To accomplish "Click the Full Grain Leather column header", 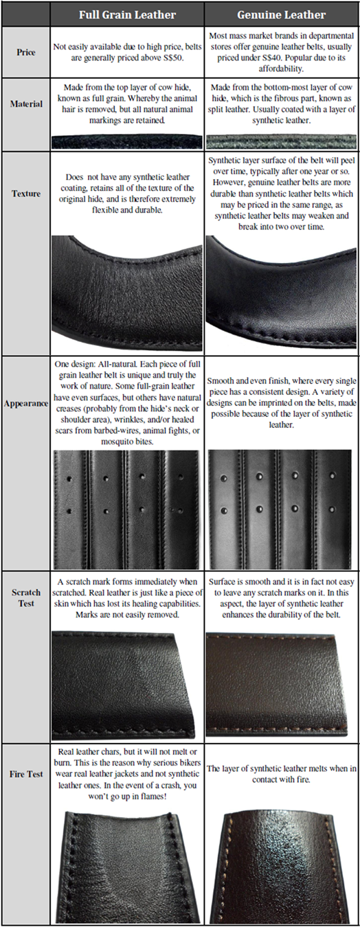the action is point(127,15).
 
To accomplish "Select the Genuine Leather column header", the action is point(281,15).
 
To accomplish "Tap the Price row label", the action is point(25,52).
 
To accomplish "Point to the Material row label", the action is point(26,104).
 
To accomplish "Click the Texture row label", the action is point(26,193).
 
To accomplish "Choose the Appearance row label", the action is point(26,403).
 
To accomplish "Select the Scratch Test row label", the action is point(26,597).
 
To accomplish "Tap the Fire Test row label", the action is point(26,773).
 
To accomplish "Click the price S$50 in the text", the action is point(173,58).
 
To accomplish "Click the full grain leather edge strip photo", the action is point(127,141).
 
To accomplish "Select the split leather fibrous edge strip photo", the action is point(281,141).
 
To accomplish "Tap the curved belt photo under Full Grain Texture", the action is point(127,293).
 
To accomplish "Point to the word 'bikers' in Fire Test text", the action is point(190,762).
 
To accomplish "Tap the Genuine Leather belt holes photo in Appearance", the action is point(280,509).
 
